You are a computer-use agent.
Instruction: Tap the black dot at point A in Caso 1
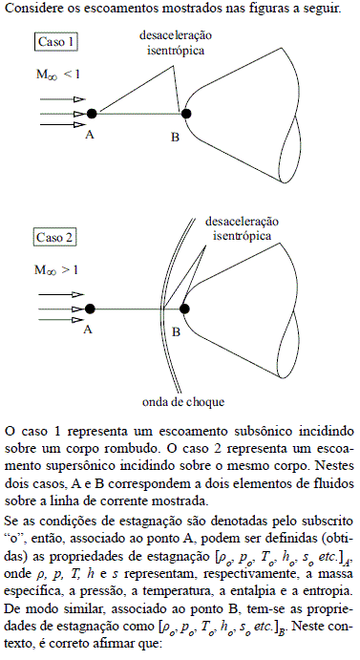(x=92, y=114)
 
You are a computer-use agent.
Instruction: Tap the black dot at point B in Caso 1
(x=187, y=114)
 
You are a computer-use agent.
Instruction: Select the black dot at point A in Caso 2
(x=90, y=308)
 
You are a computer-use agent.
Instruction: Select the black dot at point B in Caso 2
(x=185, y=308)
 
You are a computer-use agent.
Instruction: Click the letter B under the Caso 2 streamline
(x=175, y=331)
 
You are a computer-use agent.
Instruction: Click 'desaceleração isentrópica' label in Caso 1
(x=170, y=42)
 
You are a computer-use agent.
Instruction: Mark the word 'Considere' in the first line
(x=32, y=9)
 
